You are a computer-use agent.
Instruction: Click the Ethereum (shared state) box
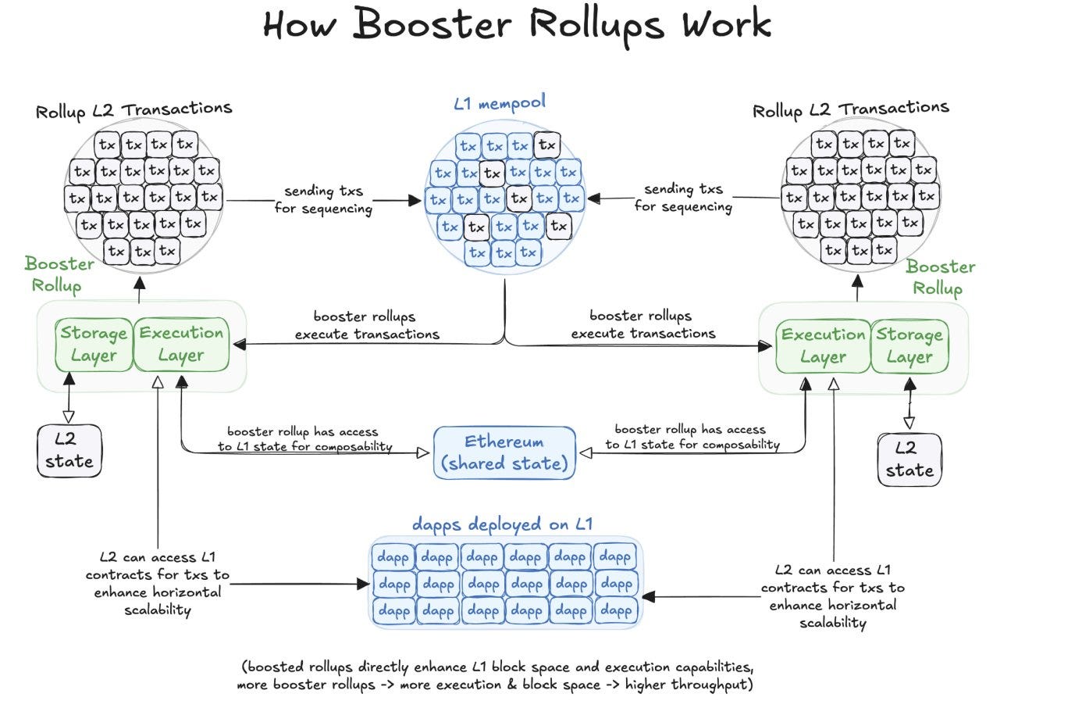click(x=504, y=452)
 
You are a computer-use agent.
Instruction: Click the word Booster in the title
click(x=433, y=25)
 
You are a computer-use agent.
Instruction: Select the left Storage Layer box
click(x=94, y=345)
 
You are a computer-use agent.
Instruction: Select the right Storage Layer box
click(x=909, y=346)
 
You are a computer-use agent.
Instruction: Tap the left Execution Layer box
click(x=181, y=345)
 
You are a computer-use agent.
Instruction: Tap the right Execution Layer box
click(x=823, y=346)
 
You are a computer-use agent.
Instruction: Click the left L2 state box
click(x=69, y=451)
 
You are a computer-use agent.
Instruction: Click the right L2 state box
click(x=909, y=459)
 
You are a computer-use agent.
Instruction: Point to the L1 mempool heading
click(x=500, y=103)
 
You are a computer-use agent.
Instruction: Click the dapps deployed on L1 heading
click(x=502, y=524)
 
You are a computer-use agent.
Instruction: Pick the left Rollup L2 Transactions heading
click(x=133, y=109)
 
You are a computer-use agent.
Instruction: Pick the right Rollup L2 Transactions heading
click(x=850, y=109)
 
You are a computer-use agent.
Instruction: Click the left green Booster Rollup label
click(x=59, y=274)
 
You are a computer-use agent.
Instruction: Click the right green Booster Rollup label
click(x=940, y=277)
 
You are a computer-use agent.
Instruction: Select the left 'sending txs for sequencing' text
click(x=323, y=200)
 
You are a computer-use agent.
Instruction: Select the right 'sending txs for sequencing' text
click(x=683, y=198)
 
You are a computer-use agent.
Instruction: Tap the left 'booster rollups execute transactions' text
click(x=367, y=326)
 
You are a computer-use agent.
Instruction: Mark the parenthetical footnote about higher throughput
click(x=496, y=676)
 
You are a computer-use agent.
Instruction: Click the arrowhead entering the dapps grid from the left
click(x=362, y=584)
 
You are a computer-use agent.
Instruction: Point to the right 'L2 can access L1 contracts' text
click(x=832, y=596)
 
